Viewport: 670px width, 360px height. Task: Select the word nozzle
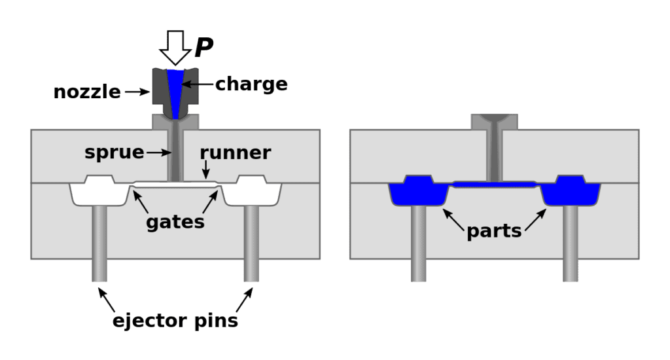coord(87,92)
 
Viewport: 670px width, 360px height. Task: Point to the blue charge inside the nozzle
coord(175,88)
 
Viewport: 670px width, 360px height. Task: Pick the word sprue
coord(114,153)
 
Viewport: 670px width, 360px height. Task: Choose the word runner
coord(236,153)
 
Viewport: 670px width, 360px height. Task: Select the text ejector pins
coord(175,321)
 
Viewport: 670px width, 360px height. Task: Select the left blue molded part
coord(418,191)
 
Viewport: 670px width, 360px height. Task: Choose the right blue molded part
coord(571,191)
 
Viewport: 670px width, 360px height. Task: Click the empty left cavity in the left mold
coord(99,191)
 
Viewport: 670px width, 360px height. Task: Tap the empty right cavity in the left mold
coord(252,191)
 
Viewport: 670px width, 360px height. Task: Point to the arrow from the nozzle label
coord(137,92)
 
